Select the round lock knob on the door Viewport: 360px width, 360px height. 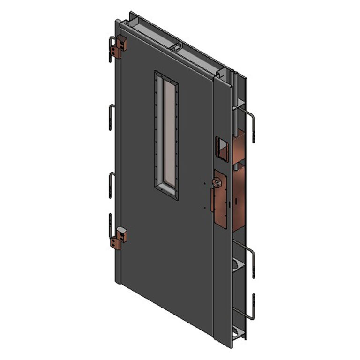click(217, 182)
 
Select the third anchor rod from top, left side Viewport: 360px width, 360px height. click(111, 184)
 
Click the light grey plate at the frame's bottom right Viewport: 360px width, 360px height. click(240, 333)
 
